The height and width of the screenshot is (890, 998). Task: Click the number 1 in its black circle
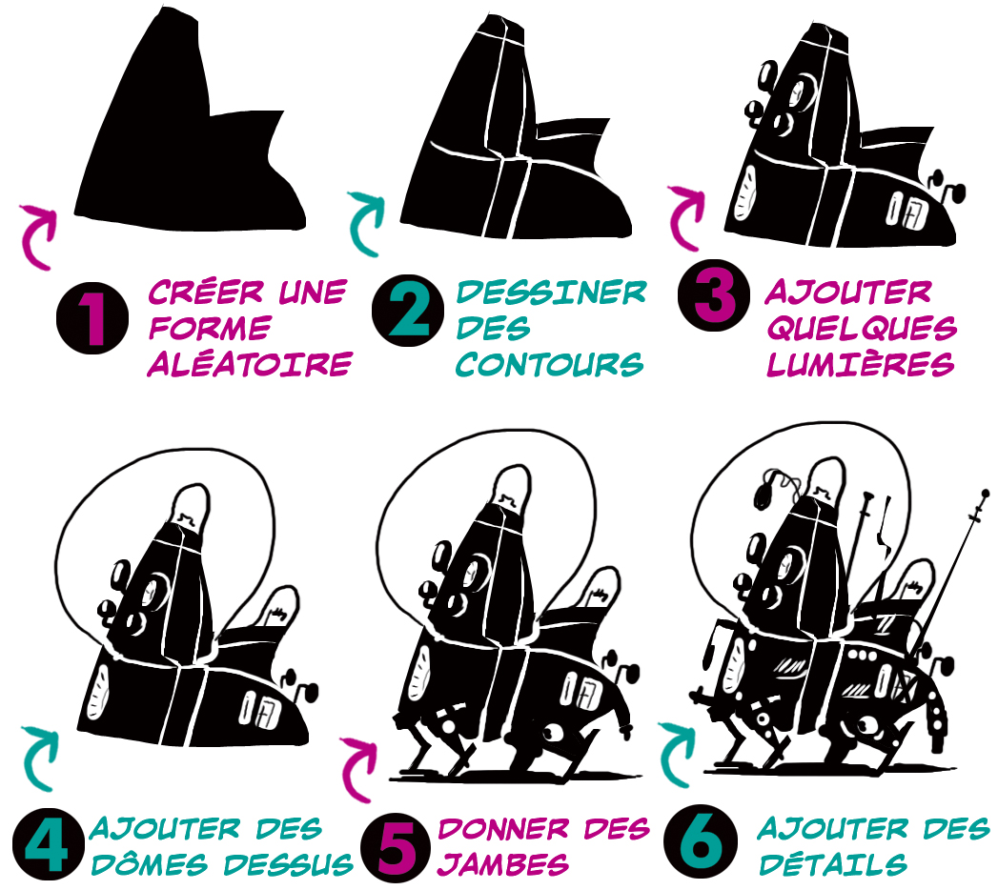click(92, 318)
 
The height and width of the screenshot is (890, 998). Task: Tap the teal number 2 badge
click(408, 311)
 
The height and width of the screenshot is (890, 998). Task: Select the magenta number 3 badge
click(714, 294)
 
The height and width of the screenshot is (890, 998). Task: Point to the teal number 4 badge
click(49, 843)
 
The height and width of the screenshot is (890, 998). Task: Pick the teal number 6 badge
click(701, 843)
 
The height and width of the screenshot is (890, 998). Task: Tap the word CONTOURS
click(549, 364)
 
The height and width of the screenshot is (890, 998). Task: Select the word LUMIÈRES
click(861, 364)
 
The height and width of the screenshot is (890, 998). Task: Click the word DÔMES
click(150, 864)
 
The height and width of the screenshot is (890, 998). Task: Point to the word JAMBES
click(503, 864)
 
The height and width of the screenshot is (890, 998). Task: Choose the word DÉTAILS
click(832, 864)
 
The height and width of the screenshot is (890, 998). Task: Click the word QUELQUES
click(862, 328)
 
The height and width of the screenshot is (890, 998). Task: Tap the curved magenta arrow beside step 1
click(38, 236)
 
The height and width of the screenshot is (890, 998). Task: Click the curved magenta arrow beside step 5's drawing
click(358, 769)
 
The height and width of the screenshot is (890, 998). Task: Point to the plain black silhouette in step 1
click(191, 128)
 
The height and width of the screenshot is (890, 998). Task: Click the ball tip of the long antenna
click(986, 493)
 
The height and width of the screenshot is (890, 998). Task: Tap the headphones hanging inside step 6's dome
click(773, 487)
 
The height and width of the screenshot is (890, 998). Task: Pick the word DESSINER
click(551, 292)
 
